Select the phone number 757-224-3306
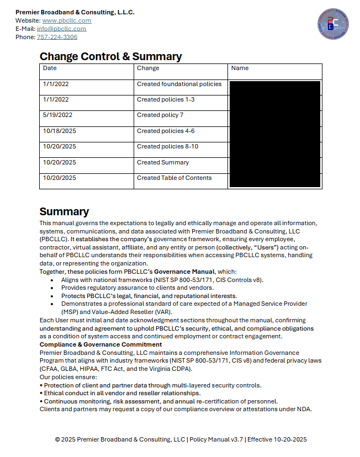click(57, 37)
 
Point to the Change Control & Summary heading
click(110, 56)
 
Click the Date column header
click(50, 68)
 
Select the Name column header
click(240, 68)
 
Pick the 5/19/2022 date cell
click(57, 115)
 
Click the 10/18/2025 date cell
click(59, 131)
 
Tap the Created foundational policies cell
click(179, 84)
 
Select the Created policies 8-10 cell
click(167, 147)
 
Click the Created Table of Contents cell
click(174, 178)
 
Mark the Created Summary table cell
click(163, 162)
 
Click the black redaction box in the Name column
click(274, 134)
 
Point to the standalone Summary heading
click(64, 211)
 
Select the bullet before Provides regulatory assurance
click(52, 288)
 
